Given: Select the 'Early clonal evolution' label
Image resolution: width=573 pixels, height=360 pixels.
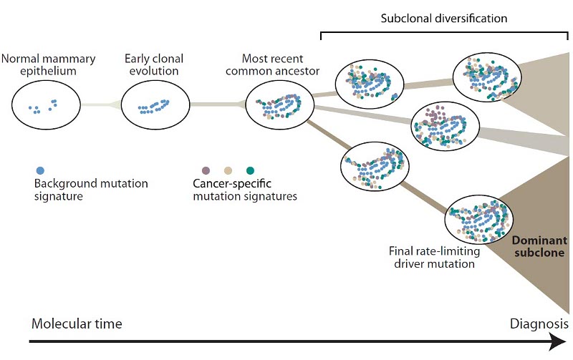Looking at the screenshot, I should pyautogui.click(x=154, y=64).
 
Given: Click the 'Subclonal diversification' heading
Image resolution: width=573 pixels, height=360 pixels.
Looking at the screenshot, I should pyautogui.click(x=445, y=18).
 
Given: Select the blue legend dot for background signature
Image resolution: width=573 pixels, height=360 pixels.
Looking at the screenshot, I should pyautogui.click(x=40, y=170).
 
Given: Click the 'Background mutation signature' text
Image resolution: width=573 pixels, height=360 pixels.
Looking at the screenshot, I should pyautogui.click(x=91, y=190).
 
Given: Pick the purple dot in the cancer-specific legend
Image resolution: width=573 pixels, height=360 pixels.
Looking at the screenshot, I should pyautogui.click(x=206, y=170).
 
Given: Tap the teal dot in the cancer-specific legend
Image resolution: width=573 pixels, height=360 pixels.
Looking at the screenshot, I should pyautogui.click(x=250, y=170).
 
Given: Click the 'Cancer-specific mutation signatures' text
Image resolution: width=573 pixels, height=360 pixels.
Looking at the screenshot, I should pyautogui.click(x=246, y=190).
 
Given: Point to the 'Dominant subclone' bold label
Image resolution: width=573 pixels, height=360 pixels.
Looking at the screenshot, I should pyautogui.click(x=539, y=246).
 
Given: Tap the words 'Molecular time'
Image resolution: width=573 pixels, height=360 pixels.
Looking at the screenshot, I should pyautogui.click(x=77, y=323).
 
